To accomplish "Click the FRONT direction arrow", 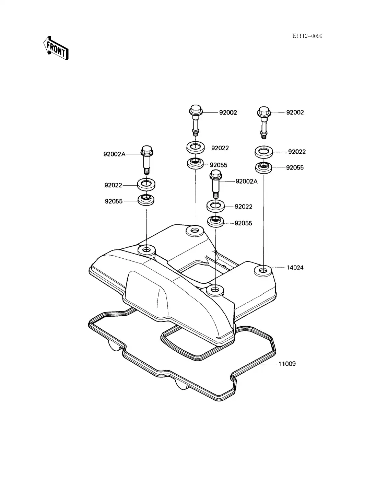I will click(56, 48).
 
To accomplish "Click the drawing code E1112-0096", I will click(307, 36).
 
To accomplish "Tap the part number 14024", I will click(295, 267).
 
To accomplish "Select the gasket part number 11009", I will click(287, 364).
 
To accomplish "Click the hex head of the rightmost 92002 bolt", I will click(263, 112).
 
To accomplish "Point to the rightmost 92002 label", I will click(295, 112).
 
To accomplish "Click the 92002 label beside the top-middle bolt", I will click(228, 112).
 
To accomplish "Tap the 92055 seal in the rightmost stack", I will click(263, 167).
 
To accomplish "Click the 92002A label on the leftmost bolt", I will click(114, 154).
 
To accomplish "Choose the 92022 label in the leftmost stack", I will click(113, 185).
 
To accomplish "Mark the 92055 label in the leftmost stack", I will click(114, 201).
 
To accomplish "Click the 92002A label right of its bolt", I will click(246, 181).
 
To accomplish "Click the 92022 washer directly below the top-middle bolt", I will click(196, 148).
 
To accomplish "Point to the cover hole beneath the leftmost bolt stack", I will click(146, 249).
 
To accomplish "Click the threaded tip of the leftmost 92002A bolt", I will click(146, 171).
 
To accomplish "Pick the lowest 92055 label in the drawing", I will click(243, 223).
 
